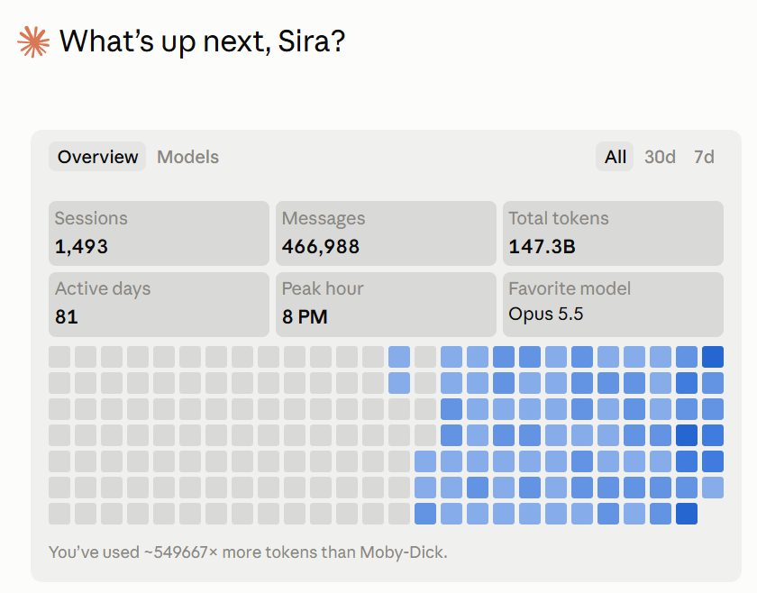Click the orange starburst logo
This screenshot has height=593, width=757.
pos(33,42)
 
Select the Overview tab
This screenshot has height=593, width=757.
pos(97,157)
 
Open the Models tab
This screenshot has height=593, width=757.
pos(187,157)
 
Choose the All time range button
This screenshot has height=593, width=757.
pos(615,157)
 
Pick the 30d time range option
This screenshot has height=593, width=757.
pos(660,157)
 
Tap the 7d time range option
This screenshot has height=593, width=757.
pos(704,157)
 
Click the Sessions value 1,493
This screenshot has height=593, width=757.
pos(81,247)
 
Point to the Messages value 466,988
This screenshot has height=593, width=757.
pos(321,247)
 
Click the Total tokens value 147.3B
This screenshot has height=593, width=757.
pos(542,247)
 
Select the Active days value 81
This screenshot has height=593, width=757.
pos(66,317)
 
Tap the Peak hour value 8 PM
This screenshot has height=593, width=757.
pos(305,317)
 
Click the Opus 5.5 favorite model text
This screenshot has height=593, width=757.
pos(546,314)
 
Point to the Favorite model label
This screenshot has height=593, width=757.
pos(570,288)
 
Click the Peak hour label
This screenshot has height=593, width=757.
pos(323,288)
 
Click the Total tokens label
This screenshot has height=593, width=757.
pos(559,218)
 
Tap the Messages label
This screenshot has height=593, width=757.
pos(324,219)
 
